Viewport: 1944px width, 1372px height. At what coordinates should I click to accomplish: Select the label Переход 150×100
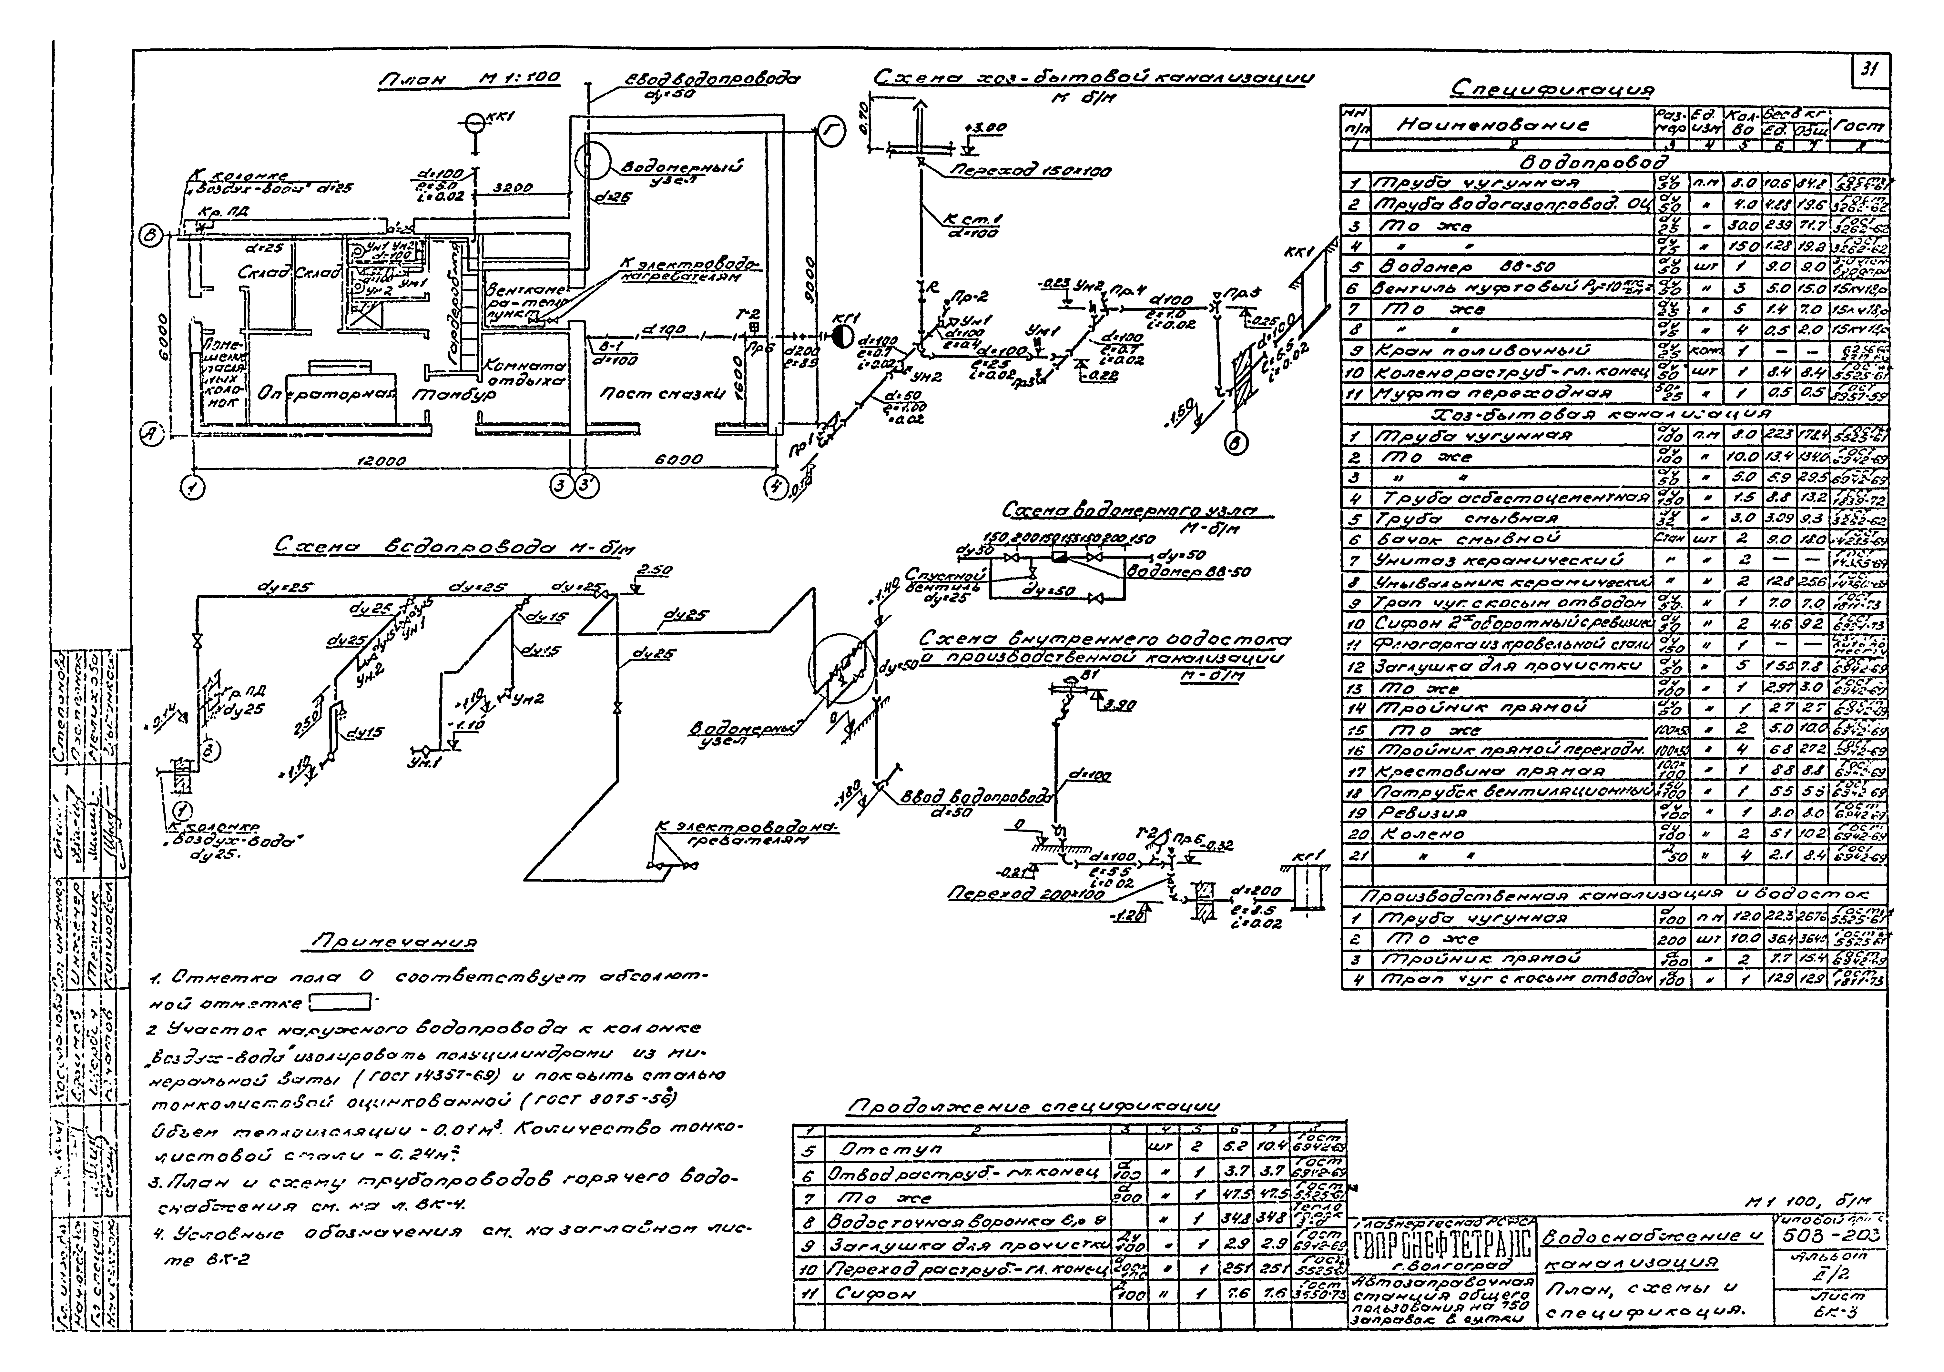pos(1031,172)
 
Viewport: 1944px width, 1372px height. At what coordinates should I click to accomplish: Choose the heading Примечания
pos(395,942)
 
